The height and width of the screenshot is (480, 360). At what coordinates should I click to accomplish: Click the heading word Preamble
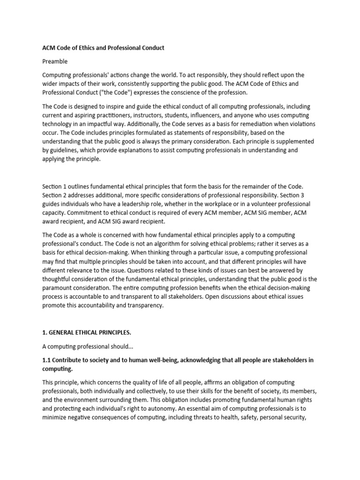(x=55, y=61)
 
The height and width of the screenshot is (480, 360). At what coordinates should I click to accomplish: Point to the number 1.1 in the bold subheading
(x=47, y=360)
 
